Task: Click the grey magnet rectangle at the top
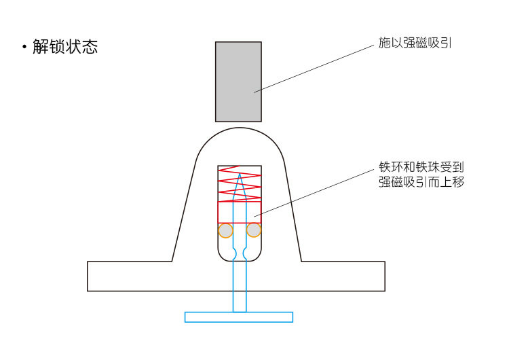238,82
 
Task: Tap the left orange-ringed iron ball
225,230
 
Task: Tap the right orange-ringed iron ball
254,230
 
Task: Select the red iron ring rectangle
239,212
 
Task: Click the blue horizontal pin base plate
239,317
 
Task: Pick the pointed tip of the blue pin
239,175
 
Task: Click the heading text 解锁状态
65,47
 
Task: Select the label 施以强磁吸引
415,43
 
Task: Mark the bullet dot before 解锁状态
24,48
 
